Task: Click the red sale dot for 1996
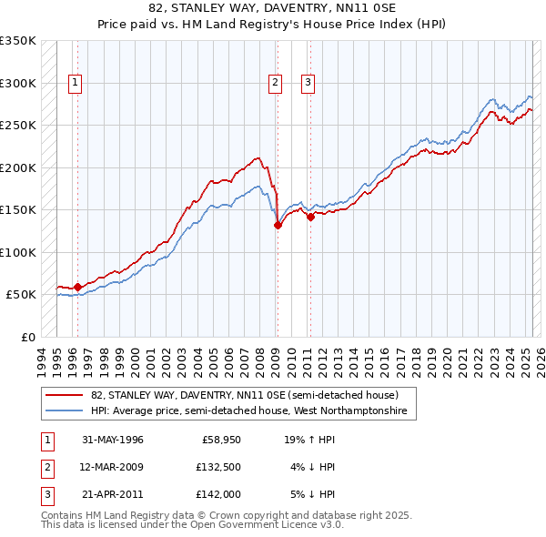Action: coord(77,287)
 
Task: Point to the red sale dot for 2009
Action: coord(278,226)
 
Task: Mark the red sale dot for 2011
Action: coord(310,217)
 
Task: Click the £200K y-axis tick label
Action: coord(17,167)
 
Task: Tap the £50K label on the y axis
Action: coord(21,295)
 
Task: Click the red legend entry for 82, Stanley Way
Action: coord(244,395)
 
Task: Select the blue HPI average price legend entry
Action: coord(253,411)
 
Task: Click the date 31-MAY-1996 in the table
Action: coord(113,440)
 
